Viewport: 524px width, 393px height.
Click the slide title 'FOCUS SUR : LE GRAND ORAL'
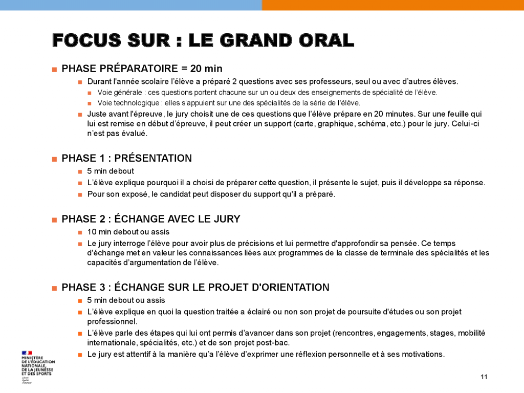[x=203, y=40]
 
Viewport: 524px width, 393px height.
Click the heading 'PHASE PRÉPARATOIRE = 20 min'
[x=142, y=69]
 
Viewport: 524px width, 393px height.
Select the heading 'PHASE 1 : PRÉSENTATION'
[x=126, y=158]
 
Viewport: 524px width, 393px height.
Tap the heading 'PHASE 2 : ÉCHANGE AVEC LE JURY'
[x=150, y=219]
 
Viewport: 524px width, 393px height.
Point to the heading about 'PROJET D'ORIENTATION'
[x=195, y=287]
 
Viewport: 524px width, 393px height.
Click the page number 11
[x=484, y=377]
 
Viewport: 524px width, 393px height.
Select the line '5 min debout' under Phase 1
[x=111, y=171]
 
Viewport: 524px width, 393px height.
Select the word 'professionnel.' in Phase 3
[x=112, y=322]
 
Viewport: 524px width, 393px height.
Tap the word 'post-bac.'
[x=280, y=343]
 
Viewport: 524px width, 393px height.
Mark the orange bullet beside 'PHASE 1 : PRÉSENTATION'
[x=54, y=159]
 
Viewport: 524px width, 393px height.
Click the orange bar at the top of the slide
[x=392, y=5]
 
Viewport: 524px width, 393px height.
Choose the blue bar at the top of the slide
[x=130, y=5]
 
